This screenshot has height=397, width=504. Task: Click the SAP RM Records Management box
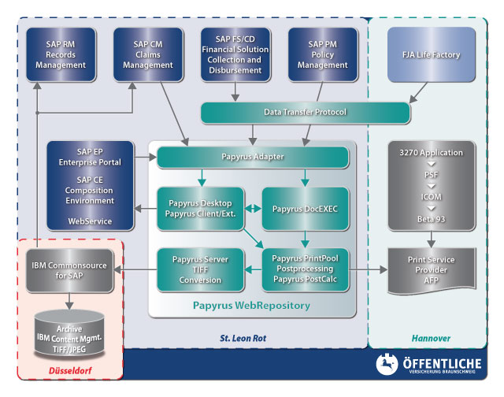point(61,54)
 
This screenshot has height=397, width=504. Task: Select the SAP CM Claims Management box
point(148,54)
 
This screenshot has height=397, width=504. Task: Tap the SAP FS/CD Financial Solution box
point(235,54)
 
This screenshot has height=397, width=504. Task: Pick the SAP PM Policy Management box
point(323,54)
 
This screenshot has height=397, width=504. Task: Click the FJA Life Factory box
point(431,54)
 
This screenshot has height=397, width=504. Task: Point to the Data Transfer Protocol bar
point(305,113)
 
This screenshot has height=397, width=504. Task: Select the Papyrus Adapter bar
point(253,158)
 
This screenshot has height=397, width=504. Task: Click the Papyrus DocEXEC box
point(305,209)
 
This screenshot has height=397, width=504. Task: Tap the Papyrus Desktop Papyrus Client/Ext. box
point(200,209)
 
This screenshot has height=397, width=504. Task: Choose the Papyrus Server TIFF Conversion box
point(200,269)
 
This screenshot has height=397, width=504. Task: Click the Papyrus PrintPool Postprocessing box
point(305,269)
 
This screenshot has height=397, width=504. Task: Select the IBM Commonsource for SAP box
point(69,271)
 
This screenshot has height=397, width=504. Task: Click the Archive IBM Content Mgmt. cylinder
point(69,334)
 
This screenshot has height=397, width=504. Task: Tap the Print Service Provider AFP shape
point(432,271)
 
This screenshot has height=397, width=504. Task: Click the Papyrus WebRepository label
point(251,306)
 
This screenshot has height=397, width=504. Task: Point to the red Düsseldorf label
point(70,371)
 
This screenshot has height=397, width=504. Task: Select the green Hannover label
point(431,338)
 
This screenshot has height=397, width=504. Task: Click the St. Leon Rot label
point(243,338)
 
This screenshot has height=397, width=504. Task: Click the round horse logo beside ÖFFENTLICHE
point(387,364)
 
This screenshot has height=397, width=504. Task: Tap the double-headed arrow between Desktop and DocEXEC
point(253,209)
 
